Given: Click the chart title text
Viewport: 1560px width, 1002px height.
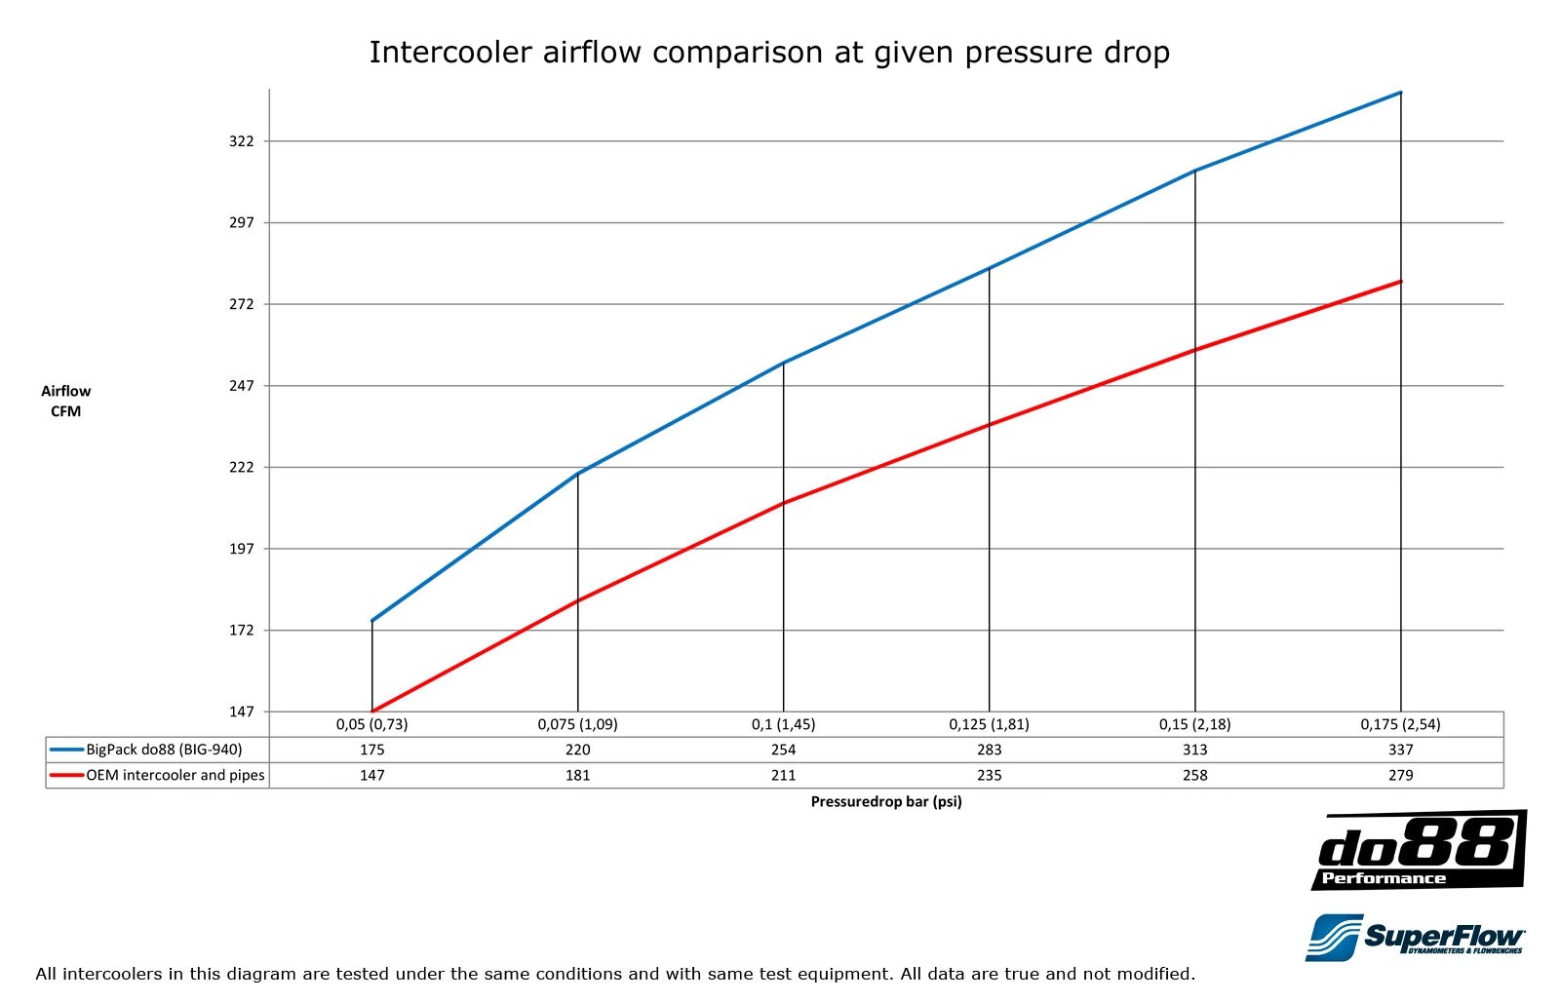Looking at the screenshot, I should point(769,52).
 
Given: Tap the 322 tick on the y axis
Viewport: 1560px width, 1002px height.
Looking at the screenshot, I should point(241,141).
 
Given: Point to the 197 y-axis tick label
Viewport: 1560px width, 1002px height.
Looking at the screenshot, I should point(241,549).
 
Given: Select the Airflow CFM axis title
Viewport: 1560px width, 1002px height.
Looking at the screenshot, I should point(65,401).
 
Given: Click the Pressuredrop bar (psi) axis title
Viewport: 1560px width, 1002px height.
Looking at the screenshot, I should point(885,802).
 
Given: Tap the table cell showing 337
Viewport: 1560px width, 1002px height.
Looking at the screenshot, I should point(1400,750).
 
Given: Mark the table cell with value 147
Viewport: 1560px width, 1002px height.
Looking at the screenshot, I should point(371,775).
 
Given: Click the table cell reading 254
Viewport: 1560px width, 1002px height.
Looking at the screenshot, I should point(783,750).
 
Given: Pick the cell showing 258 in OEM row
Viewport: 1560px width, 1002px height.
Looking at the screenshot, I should point(1194,775).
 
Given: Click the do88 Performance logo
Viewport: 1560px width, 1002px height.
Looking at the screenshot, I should point(1419,850).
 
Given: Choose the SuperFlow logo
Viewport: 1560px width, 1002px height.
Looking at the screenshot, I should point(1416,937).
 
